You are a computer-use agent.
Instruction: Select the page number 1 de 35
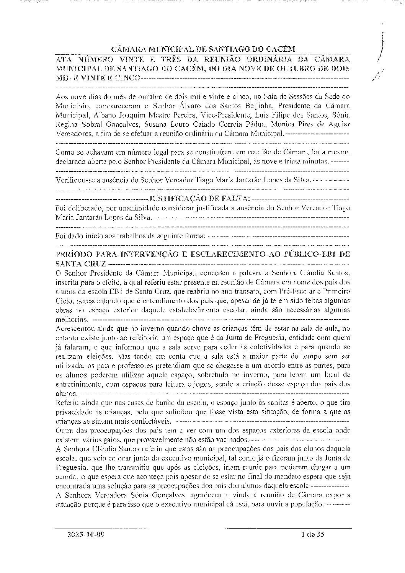point(313,535)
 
